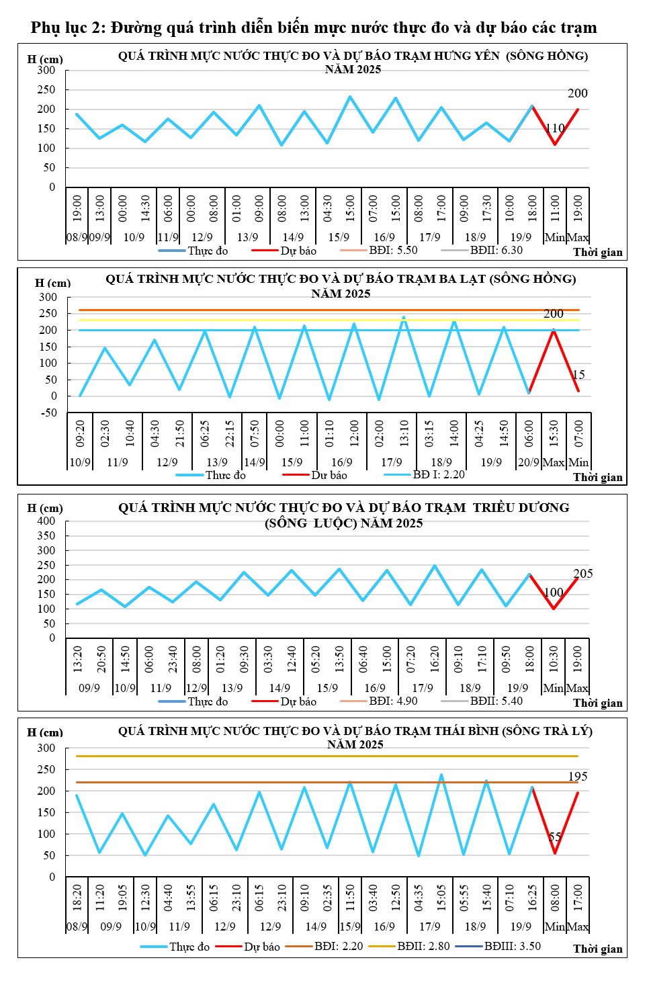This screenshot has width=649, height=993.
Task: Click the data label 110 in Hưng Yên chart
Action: point(555,128)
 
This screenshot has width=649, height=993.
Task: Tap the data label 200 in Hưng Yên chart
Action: point(577,93)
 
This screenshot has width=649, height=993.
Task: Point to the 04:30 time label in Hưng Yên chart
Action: point(328,208)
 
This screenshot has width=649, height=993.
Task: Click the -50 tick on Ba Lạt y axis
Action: point(49,413)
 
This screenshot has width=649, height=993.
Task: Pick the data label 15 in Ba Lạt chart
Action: point(578,375)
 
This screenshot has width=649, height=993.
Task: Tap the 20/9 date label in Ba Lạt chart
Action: point(529,462)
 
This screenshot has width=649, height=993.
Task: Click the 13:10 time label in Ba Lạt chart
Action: point(404,433)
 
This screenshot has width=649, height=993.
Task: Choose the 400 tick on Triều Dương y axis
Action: point(46,521)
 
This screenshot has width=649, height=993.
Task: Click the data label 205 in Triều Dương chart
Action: point(582,574)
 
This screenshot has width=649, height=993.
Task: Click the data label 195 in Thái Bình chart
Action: point(578,777)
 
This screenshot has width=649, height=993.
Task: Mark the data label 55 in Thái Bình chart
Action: point(555,837)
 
